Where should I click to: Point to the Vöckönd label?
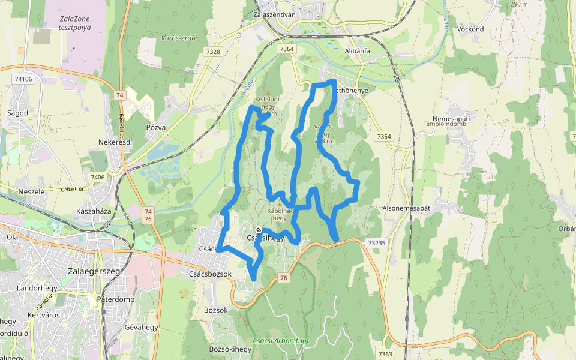pos(470,29)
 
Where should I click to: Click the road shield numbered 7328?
pos(213,52)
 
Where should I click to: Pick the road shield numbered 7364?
pos(287,49)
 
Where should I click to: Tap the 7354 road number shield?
pos(384,137)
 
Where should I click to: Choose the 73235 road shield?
pos(377,243)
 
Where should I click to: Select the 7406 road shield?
pos(97,177)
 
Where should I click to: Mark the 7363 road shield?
pos(385,355)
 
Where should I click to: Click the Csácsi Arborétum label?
pos(281,341)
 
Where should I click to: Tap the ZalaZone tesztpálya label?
pos(75,23)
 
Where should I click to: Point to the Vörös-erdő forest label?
pos(179,38)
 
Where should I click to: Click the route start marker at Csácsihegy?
pos(259,230)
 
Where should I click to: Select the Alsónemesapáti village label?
pos(407,208)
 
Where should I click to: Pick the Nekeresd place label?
pos(115,142)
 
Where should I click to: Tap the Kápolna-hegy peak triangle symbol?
pos(279,205)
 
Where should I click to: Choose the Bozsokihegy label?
pos(230,349)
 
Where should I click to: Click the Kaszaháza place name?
pos(94,212)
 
